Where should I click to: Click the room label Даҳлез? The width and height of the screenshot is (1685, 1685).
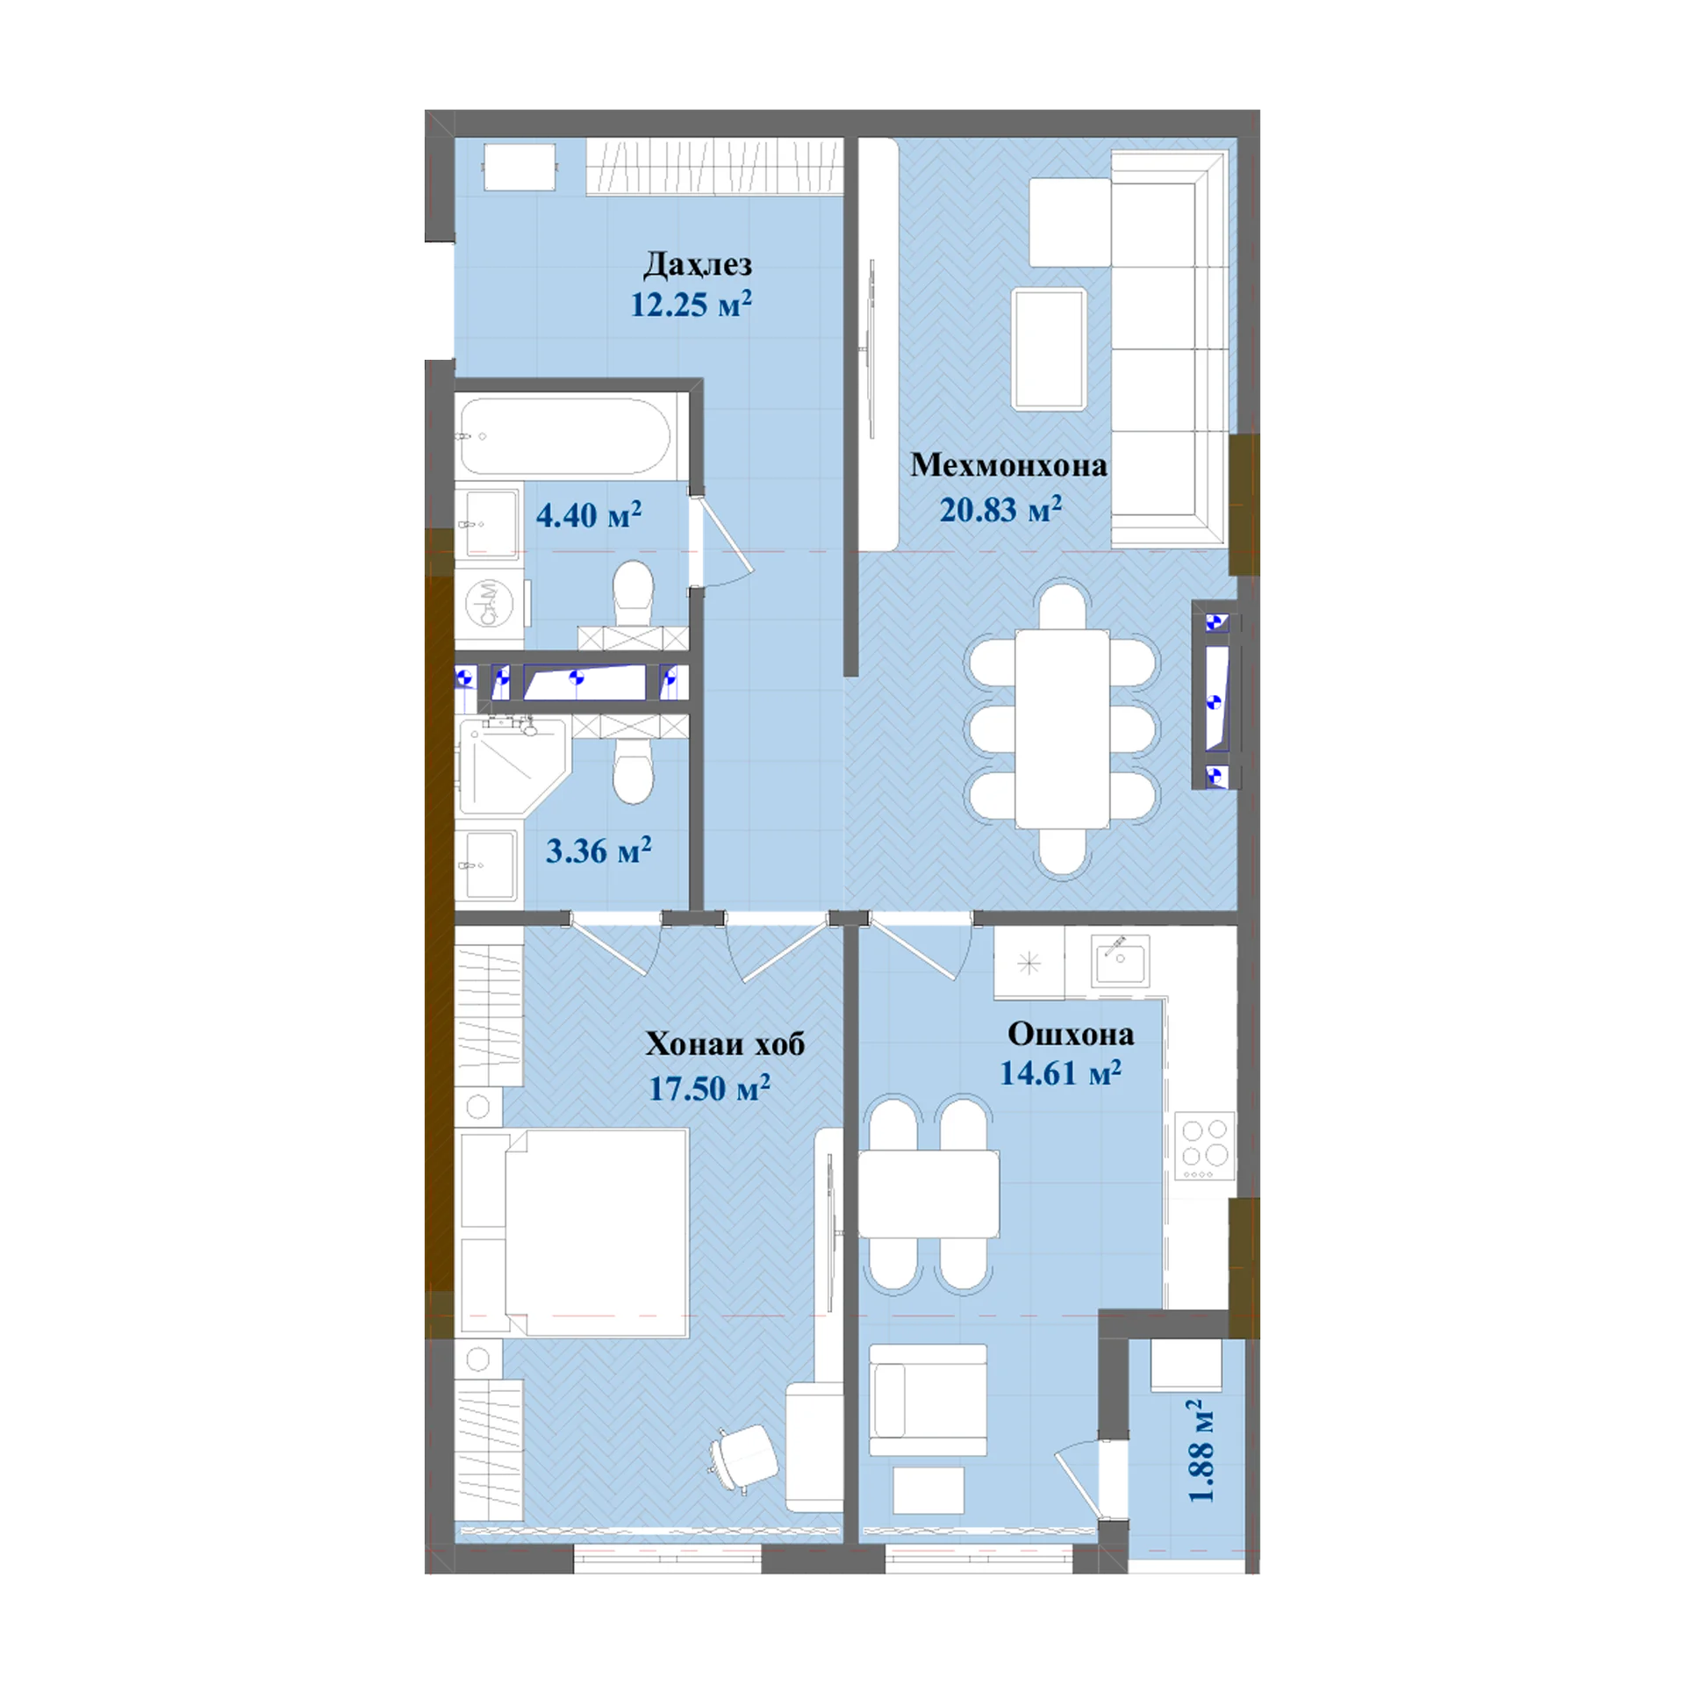698,264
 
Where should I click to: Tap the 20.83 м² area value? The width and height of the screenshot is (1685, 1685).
1000,510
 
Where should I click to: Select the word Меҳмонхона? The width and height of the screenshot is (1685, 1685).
1008,465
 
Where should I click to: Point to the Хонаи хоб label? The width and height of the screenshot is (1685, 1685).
725,1043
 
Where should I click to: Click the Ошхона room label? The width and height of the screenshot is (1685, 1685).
1071,1034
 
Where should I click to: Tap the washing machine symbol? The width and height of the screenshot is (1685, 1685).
488,605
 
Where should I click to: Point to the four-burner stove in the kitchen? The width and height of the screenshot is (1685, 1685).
1204,1146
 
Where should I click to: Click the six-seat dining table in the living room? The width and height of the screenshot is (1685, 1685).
1062,729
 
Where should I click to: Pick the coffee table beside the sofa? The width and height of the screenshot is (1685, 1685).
1050,348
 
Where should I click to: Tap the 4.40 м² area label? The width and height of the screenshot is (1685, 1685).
589,515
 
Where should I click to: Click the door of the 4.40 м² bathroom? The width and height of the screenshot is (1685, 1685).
721,541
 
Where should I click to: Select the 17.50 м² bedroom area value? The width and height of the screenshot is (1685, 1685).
709,1088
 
